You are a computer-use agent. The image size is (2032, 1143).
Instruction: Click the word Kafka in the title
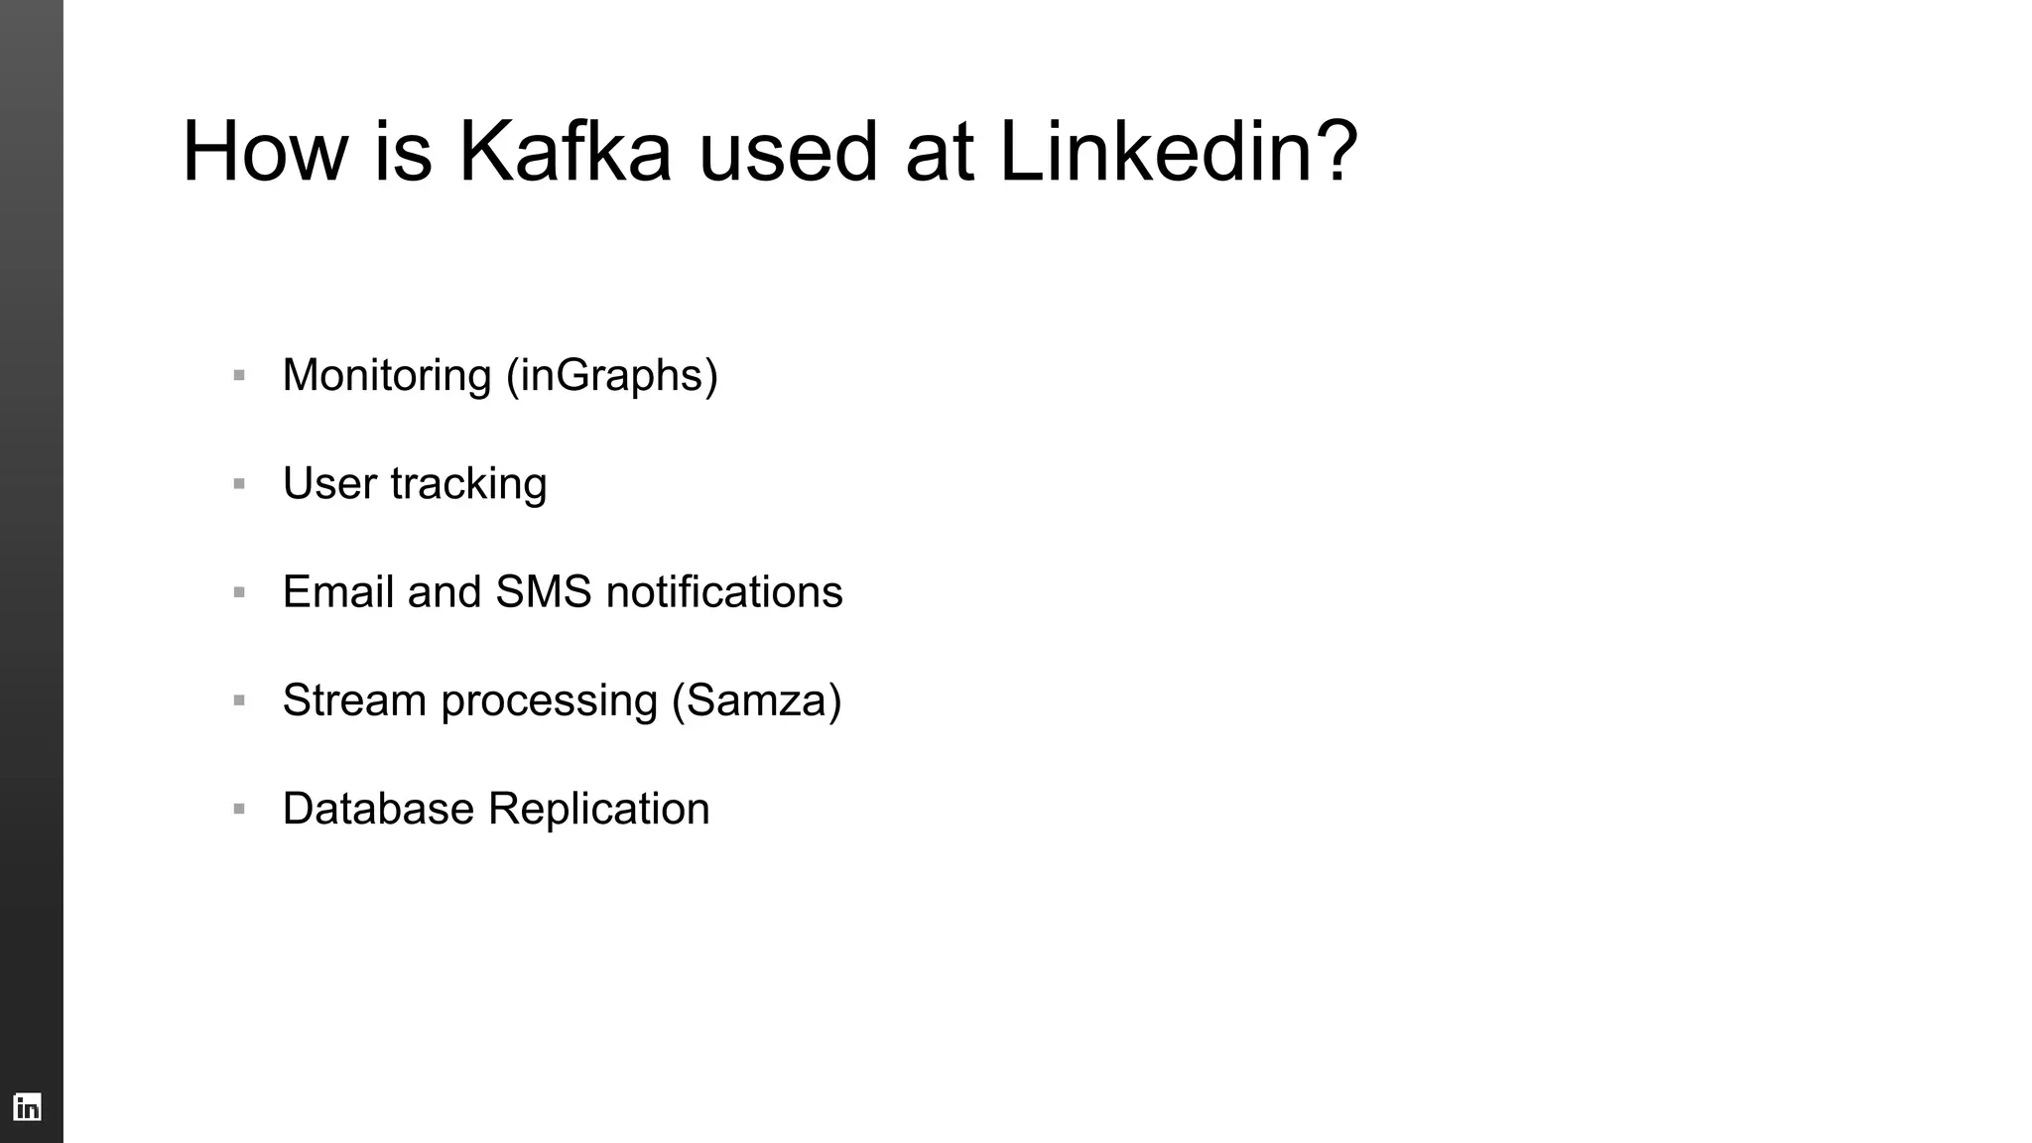565,152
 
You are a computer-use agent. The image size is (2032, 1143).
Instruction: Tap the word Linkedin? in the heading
1178,152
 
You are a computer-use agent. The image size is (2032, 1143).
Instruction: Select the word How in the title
265,152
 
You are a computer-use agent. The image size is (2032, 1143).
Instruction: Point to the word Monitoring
387,376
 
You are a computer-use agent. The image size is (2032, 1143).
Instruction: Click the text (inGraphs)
612,376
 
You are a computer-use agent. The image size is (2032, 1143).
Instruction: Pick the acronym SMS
544,592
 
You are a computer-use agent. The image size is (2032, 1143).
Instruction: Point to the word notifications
724,592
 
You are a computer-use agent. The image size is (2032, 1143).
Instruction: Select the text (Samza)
757,700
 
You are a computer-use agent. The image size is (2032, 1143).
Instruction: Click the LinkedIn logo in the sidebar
28,1106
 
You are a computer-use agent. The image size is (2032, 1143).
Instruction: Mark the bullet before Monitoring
239,376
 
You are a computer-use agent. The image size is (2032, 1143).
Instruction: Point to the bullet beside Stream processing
239,700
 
